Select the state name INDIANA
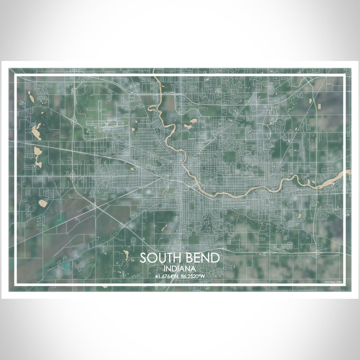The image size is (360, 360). (179, 269)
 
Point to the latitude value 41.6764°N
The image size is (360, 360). (166, 277)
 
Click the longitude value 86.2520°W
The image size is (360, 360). (194, 277)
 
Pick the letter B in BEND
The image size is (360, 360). (188, 259)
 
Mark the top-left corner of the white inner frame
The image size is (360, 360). (16, 76)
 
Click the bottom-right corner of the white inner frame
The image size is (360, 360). (344, 284)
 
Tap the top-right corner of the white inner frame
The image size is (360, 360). (344, 76)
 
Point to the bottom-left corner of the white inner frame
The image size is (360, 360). (16, 284)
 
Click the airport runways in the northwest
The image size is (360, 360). (111, 125)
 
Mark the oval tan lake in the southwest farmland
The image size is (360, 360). (43, 203)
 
